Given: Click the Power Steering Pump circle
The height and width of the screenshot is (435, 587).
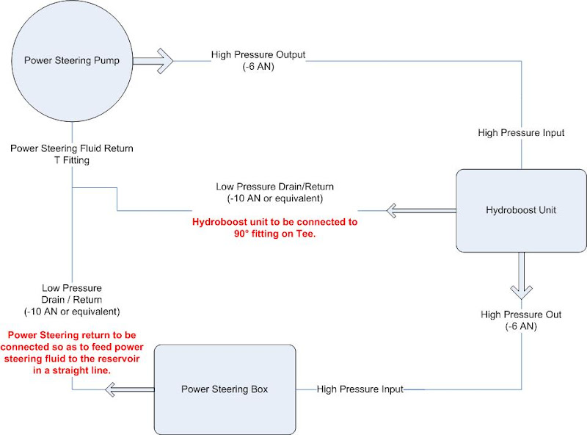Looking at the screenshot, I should point(72,60).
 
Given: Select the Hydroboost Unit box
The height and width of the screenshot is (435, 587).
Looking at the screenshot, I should point(520,210).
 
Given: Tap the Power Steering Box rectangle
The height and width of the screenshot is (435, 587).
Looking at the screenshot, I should point(225,389).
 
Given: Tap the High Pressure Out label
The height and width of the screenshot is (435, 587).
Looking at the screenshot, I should point(520,314).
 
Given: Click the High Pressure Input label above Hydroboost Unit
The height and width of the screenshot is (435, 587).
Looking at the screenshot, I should point(521,133).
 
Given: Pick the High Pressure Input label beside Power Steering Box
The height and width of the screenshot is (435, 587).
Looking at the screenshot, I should point(360,389).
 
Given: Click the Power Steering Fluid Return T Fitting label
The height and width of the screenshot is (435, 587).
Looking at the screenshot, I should point(71,154).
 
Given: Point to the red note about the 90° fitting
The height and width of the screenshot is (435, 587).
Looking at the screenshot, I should point(274,227).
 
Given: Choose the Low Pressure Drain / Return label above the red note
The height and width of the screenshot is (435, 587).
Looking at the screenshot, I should point(71,299).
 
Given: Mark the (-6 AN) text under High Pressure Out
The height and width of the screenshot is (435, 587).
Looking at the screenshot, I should point(521,326).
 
